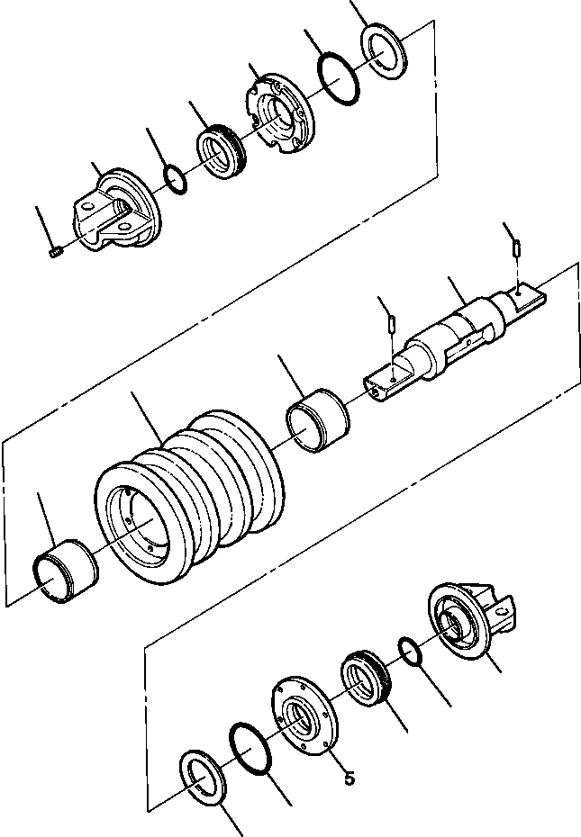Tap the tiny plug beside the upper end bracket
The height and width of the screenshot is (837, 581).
coord(55,252)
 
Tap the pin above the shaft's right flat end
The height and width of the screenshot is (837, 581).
coord(517,246)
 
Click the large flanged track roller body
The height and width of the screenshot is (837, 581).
coord(189,499)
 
